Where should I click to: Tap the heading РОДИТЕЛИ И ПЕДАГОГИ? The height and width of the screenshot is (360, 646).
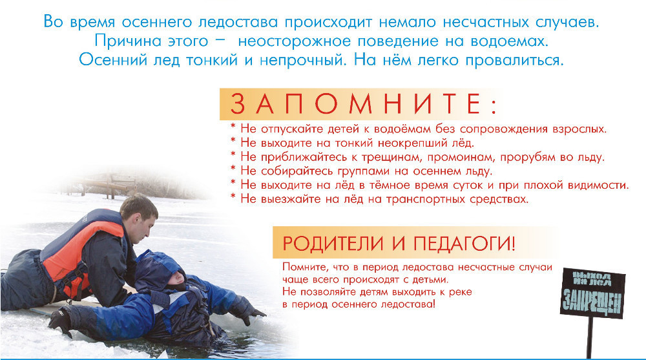(x=399, y=243)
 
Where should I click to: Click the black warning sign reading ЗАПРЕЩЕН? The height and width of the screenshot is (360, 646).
(x=593, y=292)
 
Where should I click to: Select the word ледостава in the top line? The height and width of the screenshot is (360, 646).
(x=238, y=22)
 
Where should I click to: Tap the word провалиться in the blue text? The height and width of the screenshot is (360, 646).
(x=514, y=61)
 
